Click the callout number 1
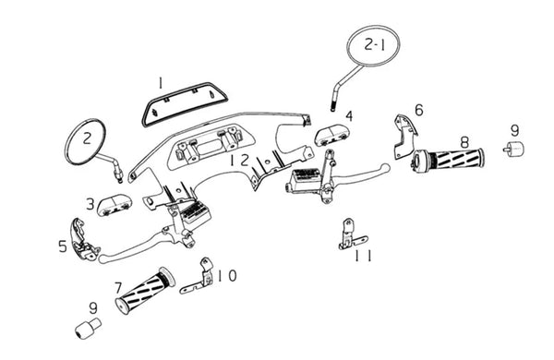[x=161, y=83]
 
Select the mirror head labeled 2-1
[x=373, y=46]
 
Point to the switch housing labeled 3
[x=114, y=205]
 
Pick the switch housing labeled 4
[x=331, y=136]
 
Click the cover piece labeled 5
[x=83, y=239]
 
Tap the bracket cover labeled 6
[x=404, y=137]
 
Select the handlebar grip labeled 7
[x=145, y=291]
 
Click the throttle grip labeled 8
[x=448, y=161]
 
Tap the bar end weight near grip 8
[x=513, y=149]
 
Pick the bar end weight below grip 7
[x=88, y=329]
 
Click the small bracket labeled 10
[x=198, y=277]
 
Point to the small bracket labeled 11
[x=350, y=235]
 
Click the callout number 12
[x=239, y=161]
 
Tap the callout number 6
[x=419, y=110]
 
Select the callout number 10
[x=226, y=276]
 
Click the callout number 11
[x=363, y=256]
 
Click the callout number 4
[x=349, y=116]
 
